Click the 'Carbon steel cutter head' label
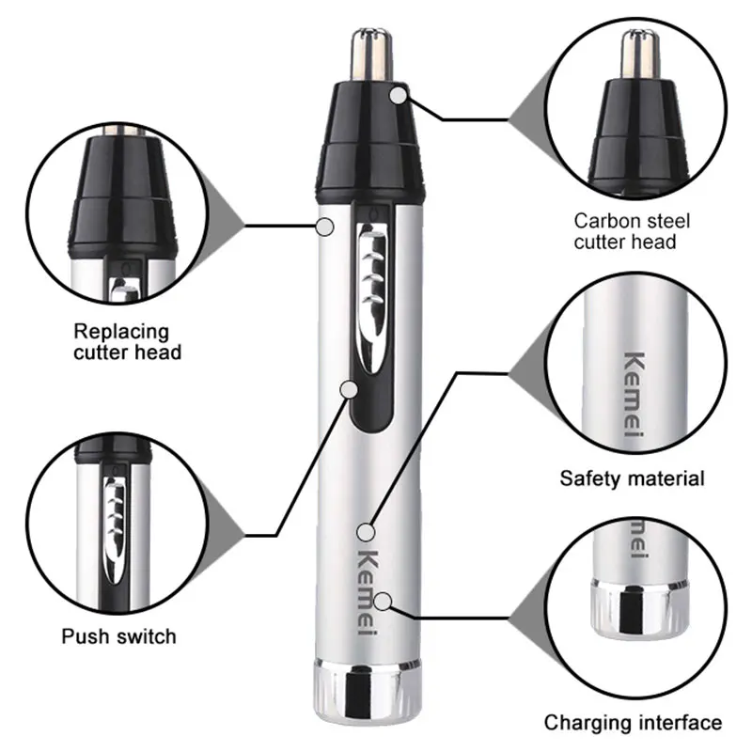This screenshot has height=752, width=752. click(633, 231)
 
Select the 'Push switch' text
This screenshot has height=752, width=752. click(118, 636)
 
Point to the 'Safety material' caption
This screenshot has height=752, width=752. click(632, 478)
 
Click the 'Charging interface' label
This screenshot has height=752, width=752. click(633, 723)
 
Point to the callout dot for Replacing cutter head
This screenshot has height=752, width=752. click(325, 226)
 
